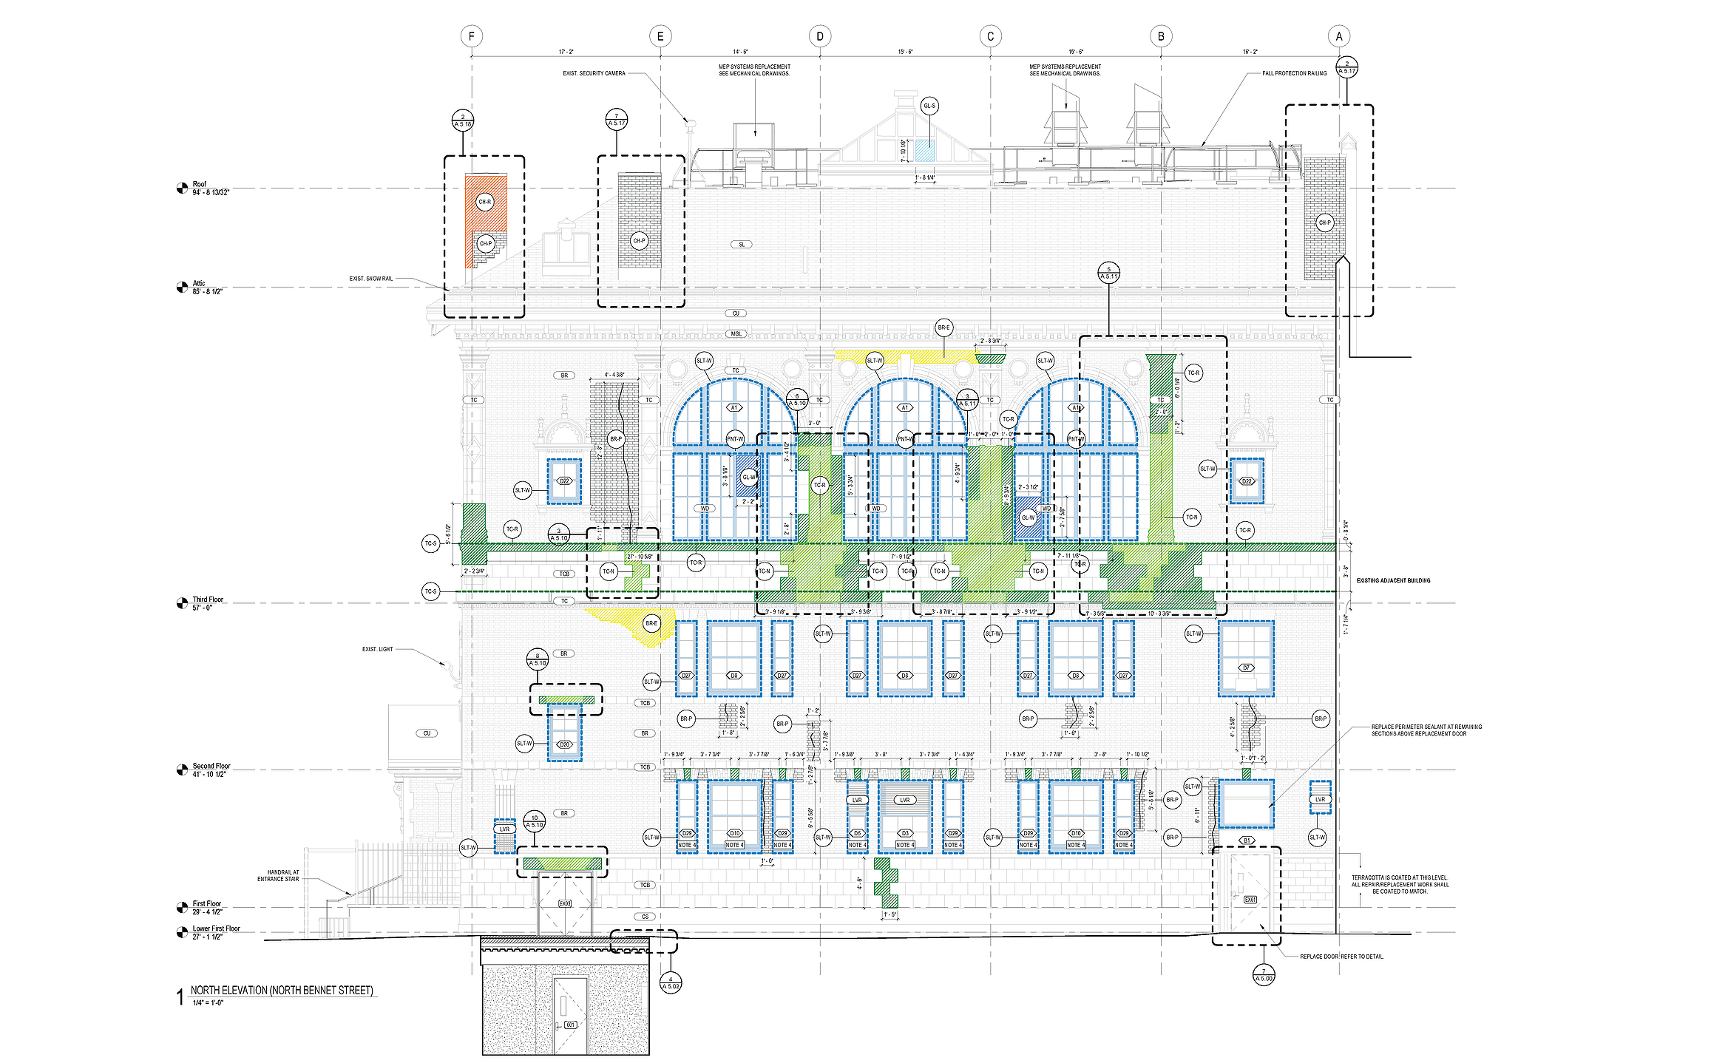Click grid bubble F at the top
point(472,36)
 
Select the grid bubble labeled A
point(1339,36)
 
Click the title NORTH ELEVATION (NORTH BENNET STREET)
point(282,991)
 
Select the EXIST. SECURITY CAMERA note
point(594,73)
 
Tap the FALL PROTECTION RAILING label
point(1294,73)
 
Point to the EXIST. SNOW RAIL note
point(371,279)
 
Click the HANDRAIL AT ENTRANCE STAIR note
point(278,875)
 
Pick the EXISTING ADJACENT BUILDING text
point(1393,580)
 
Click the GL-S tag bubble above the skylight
point(929,106)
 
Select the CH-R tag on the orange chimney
point(485,202)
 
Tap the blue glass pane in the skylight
point(924,151)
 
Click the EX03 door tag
point(565,903)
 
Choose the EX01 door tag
point(1250,900)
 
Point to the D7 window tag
point(1247,668)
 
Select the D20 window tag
point(564,744)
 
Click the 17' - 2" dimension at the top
point(566,52)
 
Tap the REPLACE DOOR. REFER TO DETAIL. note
point(1341,957)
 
